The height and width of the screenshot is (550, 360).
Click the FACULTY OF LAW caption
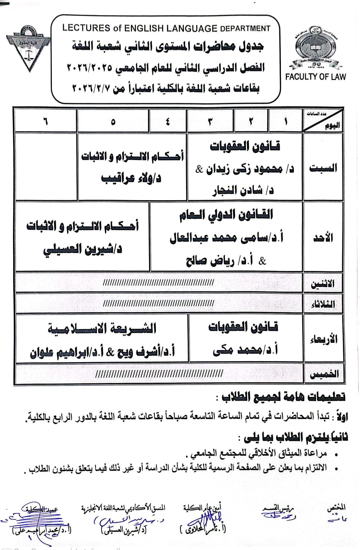coord(315,76)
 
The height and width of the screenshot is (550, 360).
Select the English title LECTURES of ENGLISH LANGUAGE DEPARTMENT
coord(166,28)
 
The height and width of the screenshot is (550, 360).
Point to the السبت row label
coord(323,168)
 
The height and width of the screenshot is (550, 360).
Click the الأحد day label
coord(323,237)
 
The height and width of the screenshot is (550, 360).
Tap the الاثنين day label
coord(323,284)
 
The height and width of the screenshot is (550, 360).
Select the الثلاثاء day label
coord(323,304)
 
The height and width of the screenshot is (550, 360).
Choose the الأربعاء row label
coord(323,339)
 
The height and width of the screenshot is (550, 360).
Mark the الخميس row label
coord(323,374)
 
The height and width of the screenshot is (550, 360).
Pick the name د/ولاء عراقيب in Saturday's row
coord(131,178)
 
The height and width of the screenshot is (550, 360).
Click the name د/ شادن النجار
coord(243,191)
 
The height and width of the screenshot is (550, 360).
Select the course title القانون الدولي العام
coord(226,214)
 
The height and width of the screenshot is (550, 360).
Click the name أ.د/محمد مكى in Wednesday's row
coord(245,350)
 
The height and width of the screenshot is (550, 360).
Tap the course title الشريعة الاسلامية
coord(102,329)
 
